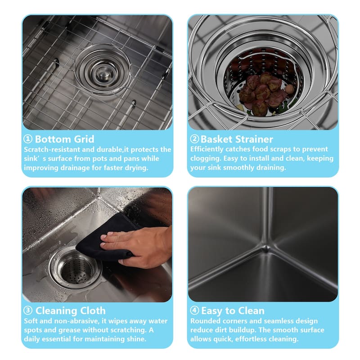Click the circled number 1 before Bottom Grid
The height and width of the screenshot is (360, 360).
(28, 139)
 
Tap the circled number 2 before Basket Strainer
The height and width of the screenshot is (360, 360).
(194, 139)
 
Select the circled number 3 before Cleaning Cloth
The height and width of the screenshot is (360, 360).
(28, 310)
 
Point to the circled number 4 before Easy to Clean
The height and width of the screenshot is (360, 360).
(194, 310)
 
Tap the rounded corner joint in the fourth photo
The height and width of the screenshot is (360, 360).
(265, 248)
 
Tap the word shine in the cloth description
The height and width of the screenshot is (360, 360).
(136, 339)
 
